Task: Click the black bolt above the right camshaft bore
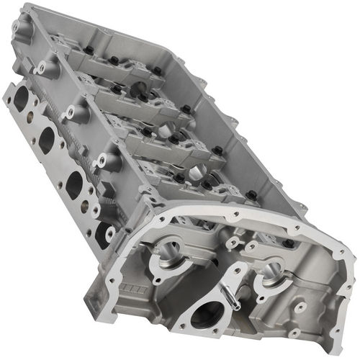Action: click(251, 194)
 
